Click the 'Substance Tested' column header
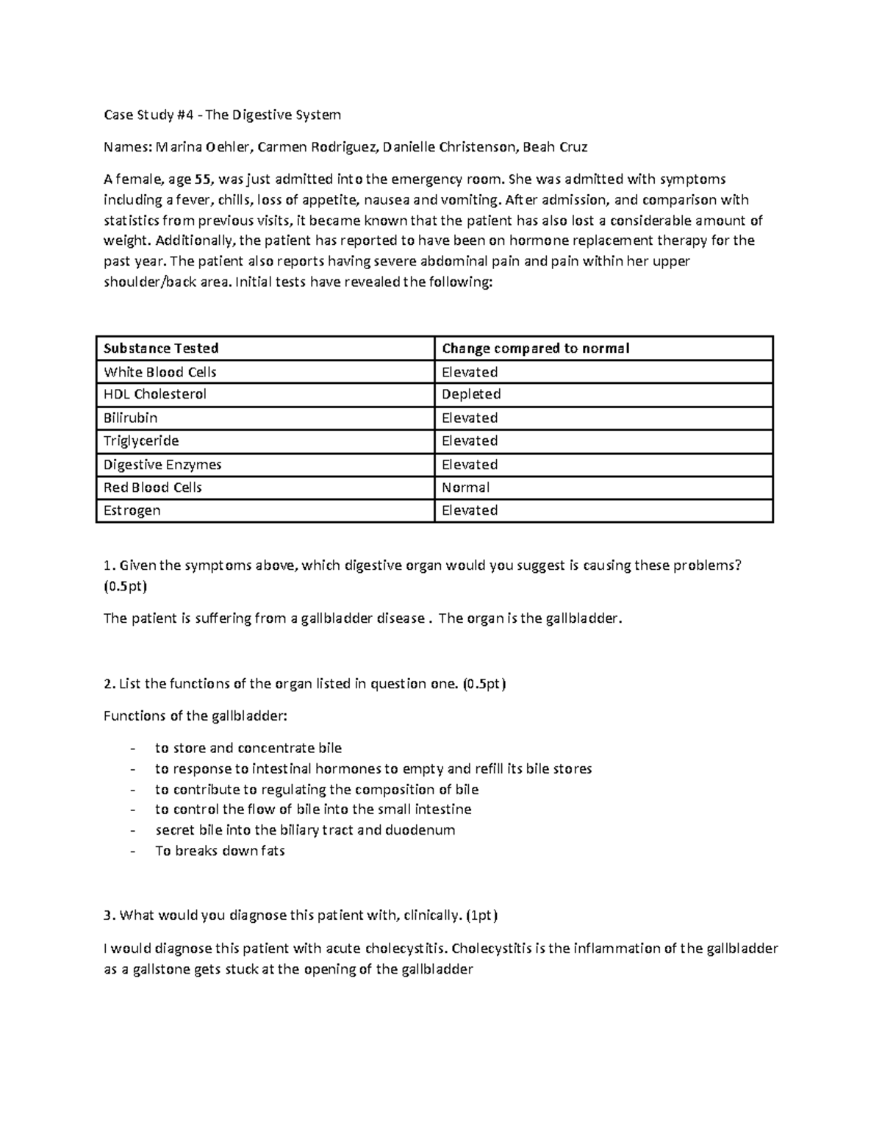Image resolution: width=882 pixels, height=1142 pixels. point(161,349)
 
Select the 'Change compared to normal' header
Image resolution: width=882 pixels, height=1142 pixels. point(535,349)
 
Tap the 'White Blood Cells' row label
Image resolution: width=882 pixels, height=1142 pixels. point(160,372)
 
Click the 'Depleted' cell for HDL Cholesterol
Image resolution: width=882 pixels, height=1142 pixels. point(470,394)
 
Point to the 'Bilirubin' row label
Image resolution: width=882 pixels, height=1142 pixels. point(130,418)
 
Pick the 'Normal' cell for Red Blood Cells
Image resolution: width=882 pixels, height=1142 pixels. point(465,488)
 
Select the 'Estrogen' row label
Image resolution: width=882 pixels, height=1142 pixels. point(132,510)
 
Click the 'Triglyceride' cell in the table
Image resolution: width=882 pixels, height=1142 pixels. point(141,440)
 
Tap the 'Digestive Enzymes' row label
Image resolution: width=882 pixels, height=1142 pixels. point(162,465)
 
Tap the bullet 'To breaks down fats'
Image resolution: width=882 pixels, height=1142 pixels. point(220,851)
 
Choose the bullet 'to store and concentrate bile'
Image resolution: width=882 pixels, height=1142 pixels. point(248,748)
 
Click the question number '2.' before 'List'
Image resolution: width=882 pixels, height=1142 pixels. point(110,684)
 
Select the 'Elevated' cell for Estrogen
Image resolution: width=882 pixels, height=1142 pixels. point(470,510)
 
